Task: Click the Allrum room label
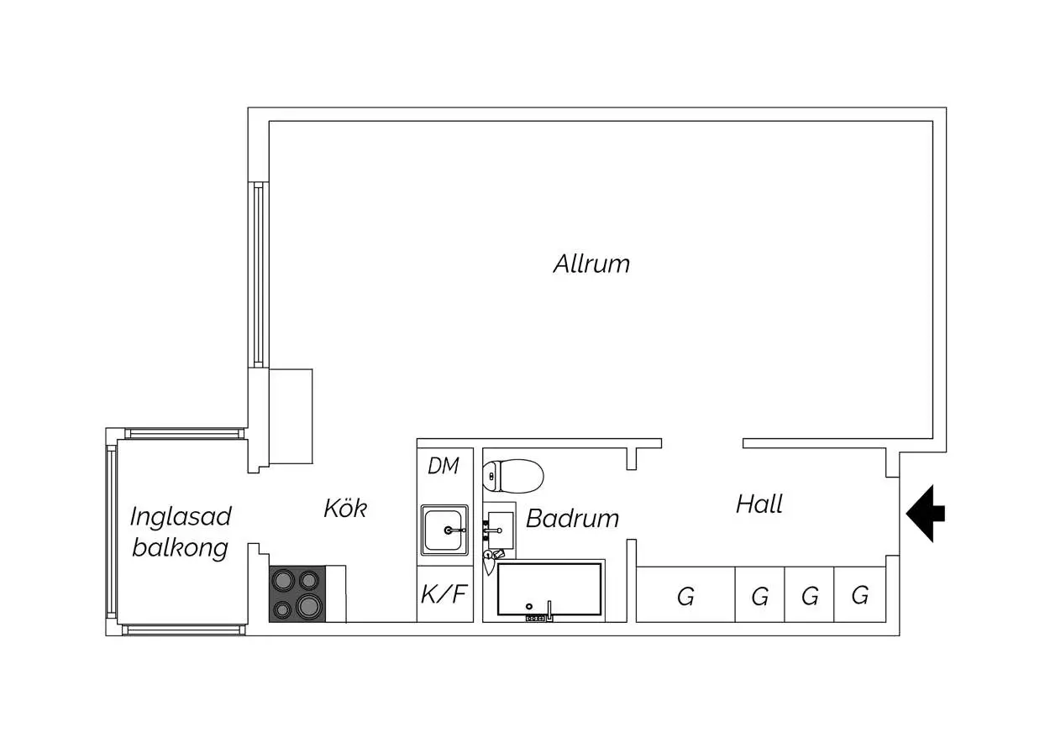591,264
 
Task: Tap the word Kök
345,508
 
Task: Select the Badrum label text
572,519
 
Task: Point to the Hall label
759,504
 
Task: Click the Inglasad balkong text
180,531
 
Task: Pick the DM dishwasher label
444,466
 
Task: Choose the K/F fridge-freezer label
444,595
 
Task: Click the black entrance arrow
926,512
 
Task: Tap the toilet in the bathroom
513,475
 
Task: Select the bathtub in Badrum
549,589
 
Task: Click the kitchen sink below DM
445,530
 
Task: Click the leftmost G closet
685,596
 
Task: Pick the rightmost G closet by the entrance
859,596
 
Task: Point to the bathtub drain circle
528,606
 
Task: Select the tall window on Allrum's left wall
258,274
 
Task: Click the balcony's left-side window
111,531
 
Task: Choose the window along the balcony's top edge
184,434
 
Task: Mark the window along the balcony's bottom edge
184,630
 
